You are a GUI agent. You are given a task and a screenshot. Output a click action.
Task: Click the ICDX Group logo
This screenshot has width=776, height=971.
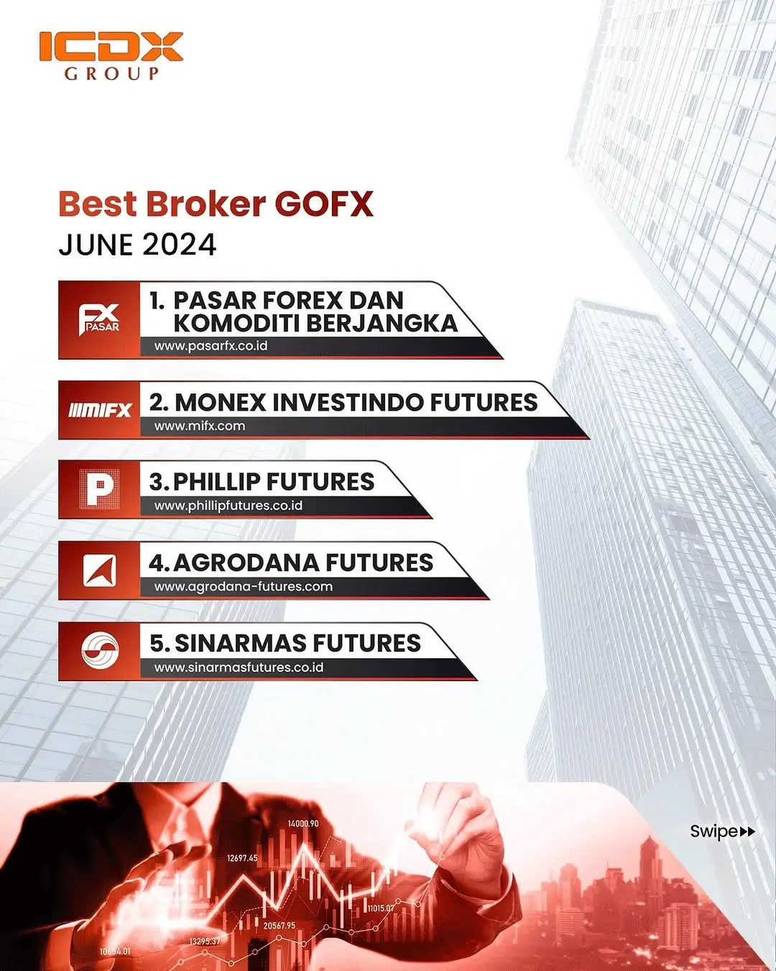111,55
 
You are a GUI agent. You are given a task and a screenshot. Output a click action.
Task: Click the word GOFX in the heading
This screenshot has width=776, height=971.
324,204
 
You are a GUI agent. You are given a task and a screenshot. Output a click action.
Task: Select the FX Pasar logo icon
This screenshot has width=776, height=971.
99,319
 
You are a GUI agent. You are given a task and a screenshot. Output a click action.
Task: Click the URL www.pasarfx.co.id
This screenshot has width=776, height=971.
211,346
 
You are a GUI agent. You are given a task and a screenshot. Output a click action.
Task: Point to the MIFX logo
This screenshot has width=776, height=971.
100,410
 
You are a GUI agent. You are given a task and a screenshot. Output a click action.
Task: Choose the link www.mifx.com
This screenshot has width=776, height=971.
200,426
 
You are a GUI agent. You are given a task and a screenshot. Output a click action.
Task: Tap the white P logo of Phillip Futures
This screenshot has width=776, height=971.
99,489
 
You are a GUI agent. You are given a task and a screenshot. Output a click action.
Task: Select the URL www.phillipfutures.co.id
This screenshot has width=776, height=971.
228,506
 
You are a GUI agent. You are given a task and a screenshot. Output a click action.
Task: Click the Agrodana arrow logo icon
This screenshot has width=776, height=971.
100,571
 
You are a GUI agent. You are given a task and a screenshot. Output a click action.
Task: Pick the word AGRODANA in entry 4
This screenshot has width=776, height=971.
246,562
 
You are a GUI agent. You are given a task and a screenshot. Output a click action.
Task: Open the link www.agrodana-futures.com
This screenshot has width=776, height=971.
244,587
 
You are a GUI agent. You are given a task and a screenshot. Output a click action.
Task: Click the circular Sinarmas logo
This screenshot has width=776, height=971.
100,651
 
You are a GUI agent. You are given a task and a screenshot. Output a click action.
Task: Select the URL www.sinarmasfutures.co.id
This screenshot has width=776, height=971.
239,667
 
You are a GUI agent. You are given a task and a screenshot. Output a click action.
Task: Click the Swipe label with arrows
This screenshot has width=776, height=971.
722,831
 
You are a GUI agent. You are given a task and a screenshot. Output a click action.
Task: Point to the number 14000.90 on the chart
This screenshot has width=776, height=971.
303,824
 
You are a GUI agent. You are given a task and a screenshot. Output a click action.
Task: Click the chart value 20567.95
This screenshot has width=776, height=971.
280,926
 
